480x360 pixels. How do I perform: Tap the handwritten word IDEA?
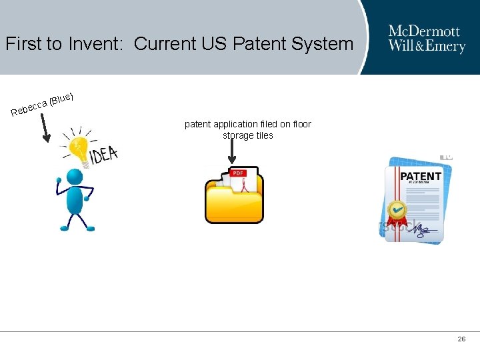pyautogui.click(x=105, y=154)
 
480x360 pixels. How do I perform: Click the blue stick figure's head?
pyautogui.click(x=75, y=178)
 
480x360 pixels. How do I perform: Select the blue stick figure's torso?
pyautogui.click(x=74, y=200)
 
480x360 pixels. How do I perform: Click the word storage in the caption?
pyautogui.click(x=238, y=135)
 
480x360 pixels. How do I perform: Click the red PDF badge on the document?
pyautogui.click(x=238, y=173)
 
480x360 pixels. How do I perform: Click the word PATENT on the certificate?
pyautogui.click(x=421, y=177)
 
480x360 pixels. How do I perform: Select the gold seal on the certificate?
pyautogui.click(x=398, y=211)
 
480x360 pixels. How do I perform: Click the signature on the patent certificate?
pyautogui.click(x=424, y=230)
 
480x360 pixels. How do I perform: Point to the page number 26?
pyautogui.click(x=461, y=339)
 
